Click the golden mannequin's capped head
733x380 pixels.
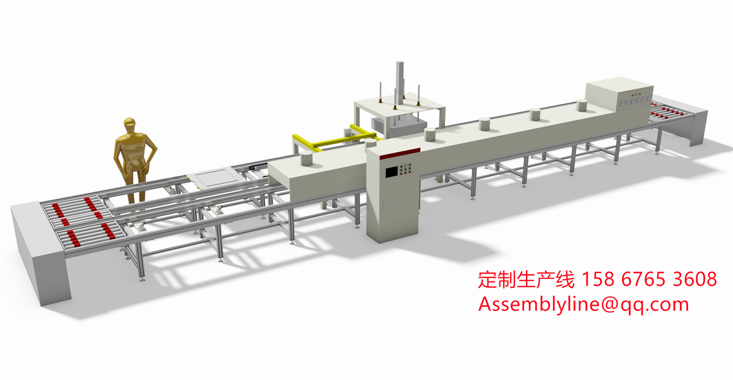(x=130, y=124)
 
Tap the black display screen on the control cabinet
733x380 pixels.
(x=392, y=172)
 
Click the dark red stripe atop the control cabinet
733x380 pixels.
(x=400, y=154)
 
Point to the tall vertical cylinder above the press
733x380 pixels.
(x=400, y=79)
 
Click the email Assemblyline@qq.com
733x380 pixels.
(x=583, y=304)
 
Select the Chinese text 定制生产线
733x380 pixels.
(x=526, y=280)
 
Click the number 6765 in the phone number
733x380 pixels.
(x=643, y=279)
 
